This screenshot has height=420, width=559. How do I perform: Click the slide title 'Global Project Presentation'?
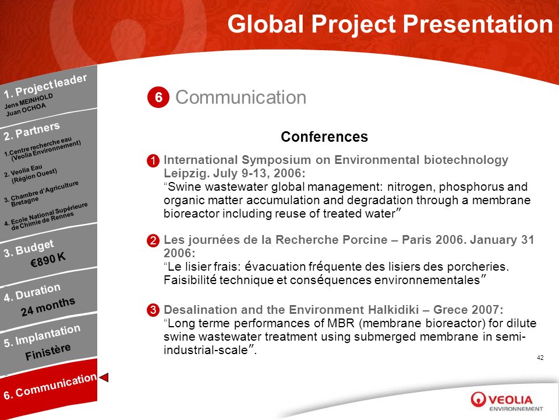(390, 24)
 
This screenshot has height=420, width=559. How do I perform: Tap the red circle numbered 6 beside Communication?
(158, 97)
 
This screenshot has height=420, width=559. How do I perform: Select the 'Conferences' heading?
(324, 136)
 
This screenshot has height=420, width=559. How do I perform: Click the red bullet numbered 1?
(153, 161)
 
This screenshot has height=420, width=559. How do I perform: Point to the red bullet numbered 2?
(153, 240)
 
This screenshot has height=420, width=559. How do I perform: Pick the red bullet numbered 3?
(153, 310)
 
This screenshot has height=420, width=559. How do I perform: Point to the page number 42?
(540, 358)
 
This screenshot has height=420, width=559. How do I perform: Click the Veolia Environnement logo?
(507, 401)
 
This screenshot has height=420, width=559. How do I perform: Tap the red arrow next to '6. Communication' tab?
(104, 377)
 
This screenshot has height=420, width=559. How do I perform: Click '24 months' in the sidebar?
(48, 306)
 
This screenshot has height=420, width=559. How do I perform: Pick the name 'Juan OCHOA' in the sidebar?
(26, 110)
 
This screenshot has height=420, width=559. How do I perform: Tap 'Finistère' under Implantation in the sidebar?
(48, 352)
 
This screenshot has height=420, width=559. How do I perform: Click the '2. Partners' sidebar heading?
(31, 131)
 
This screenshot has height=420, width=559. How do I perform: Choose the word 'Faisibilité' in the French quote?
(190, 280)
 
